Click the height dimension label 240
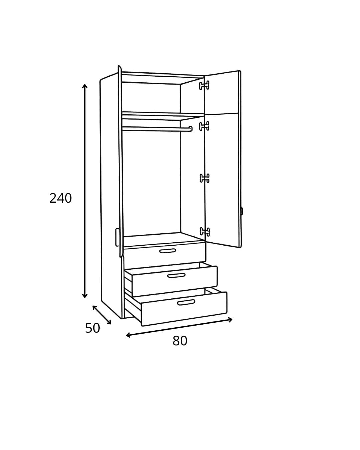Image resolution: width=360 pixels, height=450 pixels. (60, 198)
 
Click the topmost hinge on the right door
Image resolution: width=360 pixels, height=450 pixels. (204, 85)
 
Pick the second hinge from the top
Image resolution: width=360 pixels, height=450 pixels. (204, 126)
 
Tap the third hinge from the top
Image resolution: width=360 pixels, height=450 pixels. (205, 178)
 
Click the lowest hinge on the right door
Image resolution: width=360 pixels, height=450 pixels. (205, 232)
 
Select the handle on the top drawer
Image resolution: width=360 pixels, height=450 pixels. (168, 251)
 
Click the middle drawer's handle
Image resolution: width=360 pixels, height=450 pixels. (176, 276)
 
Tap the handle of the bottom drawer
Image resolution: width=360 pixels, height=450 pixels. (186, 302)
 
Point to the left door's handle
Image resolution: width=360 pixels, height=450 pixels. (117, 237)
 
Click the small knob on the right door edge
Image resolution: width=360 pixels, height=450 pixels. (242, 211)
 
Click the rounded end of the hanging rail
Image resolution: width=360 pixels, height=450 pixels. (190, 129)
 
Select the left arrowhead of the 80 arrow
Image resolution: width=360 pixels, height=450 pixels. (128, 335)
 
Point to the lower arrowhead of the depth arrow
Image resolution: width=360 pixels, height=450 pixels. (109, 323)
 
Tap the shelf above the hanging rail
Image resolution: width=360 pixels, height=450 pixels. (163, 116)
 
